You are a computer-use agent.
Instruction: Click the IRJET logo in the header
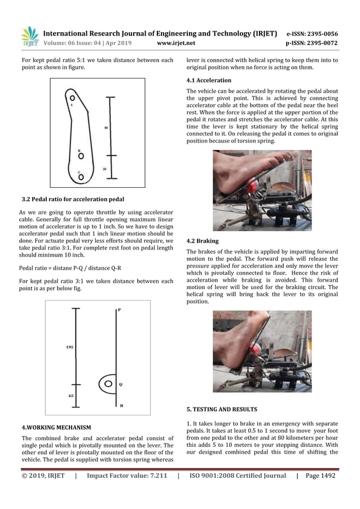[x=29, y=36]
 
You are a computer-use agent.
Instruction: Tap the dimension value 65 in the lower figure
[x=71, y=396]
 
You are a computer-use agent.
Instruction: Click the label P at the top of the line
[x=119, y=310]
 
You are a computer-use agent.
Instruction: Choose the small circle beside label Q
[x=107, y=384]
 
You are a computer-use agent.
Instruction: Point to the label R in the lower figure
[x=120, y=405]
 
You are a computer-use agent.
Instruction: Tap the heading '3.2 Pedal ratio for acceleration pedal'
[x=72, y=199]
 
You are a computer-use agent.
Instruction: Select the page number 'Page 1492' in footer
[x=321, y=476]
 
